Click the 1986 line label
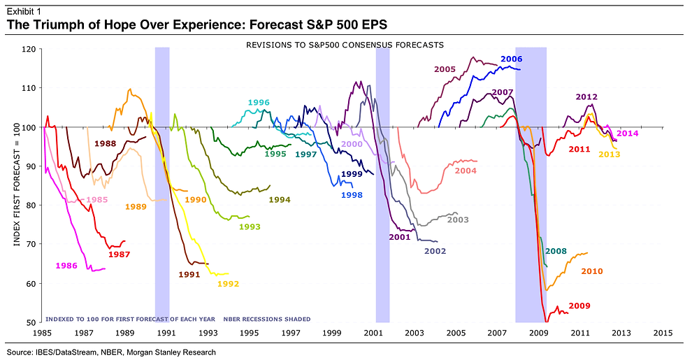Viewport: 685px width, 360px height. pos(66,266)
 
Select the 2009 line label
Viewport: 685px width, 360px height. pos(579,305)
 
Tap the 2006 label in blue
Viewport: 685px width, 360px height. pos(512,59)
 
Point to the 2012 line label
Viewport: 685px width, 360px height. pos(586,96)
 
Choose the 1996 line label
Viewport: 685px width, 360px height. pos(259,103)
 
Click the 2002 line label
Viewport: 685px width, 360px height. pos(435,250)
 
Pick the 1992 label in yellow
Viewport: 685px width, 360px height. pos(229,284)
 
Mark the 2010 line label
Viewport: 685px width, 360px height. pos(591,271)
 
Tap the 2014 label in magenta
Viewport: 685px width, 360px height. pos(628,133)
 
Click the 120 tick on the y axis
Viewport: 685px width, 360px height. pos(29,49)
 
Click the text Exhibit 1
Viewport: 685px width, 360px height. pos(22,9)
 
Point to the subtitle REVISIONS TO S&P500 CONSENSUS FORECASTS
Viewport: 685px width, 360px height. pos(345,45)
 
